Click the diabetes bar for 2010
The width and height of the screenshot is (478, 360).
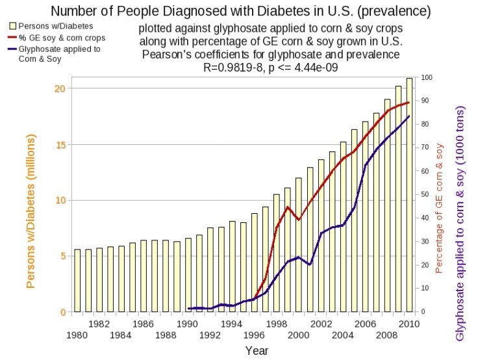coord(409,195)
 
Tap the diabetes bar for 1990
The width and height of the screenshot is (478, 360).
coord(188,275)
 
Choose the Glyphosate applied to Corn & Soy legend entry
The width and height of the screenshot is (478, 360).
coord(52,54)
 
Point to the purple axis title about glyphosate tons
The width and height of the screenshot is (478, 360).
coord(461,215)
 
